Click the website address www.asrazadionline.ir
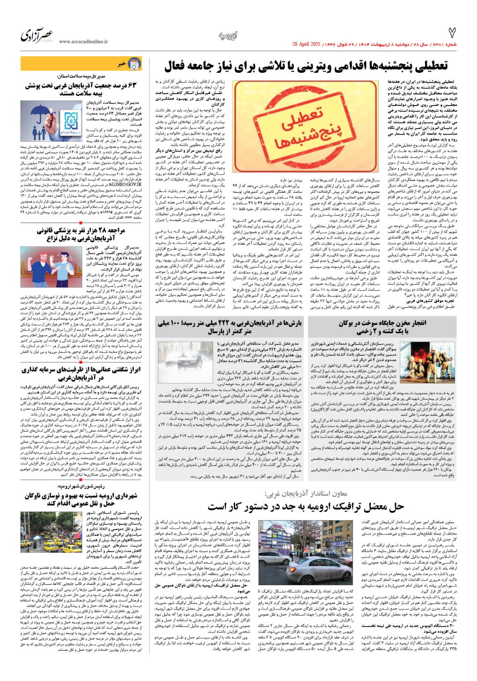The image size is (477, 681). click(83, 42)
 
